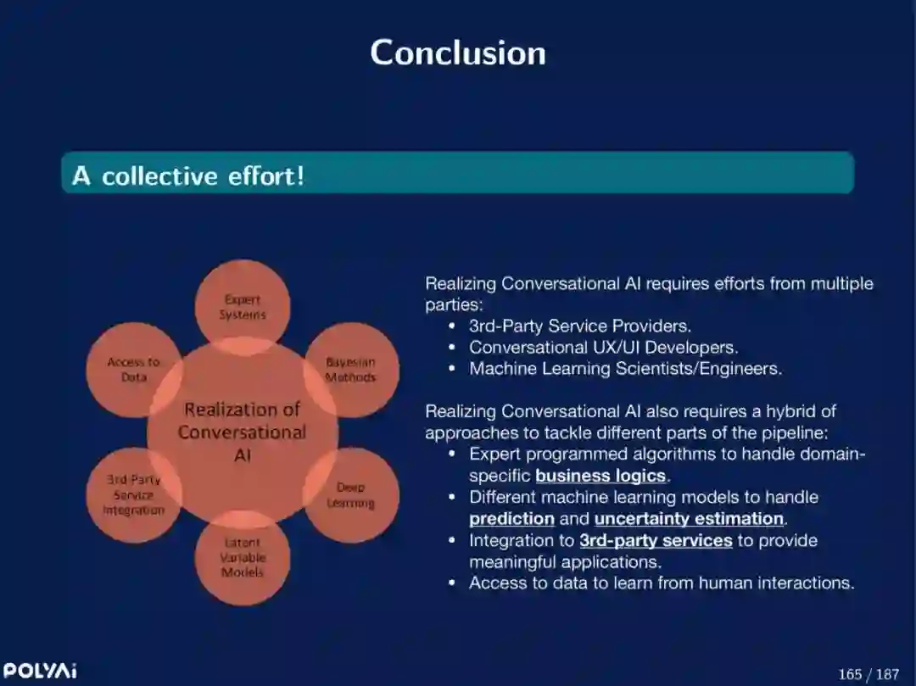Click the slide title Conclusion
pos(458,53)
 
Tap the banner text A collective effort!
pos(187,176)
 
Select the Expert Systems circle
pos(243,306)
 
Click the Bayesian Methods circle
pos(350,370)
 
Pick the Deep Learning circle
pos(350,495)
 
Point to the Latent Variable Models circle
pos(243,557)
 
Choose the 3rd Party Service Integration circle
pos(133,494)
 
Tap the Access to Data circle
pos(133,370)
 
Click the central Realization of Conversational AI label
pos(243,432)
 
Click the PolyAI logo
pos(40,671)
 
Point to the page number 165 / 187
pos(868,674)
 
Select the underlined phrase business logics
pos(600,476)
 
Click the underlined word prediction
pos(511,519)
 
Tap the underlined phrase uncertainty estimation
pos(689,519)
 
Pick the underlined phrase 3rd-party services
pos(656,540)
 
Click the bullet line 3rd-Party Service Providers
pos(580,326)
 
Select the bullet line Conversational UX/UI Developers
pos(603,348)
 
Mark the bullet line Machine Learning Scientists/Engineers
pos(625,369)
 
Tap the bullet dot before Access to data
pos(452,583)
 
